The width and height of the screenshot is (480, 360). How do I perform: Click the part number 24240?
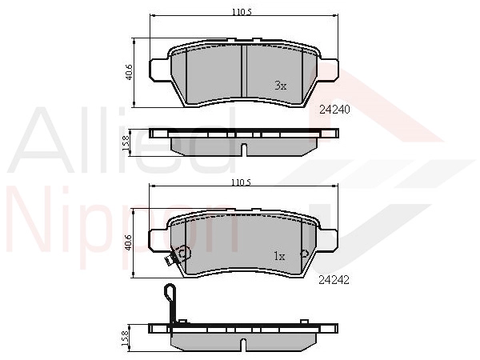click(334, 110)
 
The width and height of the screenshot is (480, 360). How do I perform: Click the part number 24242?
click(334, 280)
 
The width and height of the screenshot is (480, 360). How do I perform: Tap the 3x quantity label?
click(281, 86)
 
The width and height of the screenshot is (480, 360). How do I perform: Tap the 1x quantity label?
click(279, 256)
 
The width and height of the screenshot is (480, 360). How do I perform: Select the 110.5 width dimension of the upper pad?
click(242, 12)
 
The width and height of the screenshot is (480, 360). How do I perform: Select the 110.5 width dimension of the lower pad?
click(242, 182)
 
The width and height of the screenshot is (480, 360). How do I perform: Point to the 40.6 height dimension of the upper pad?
click(129, 72)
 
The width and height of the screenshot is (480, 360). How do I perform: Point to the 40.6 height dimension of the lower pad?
click(129, 242)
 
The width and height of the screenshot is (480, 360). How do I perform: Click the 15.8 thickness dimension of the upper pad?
click(126, 143)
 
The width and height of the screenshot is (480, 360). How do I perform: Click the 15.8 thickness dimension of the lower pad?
click(126, 338)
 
